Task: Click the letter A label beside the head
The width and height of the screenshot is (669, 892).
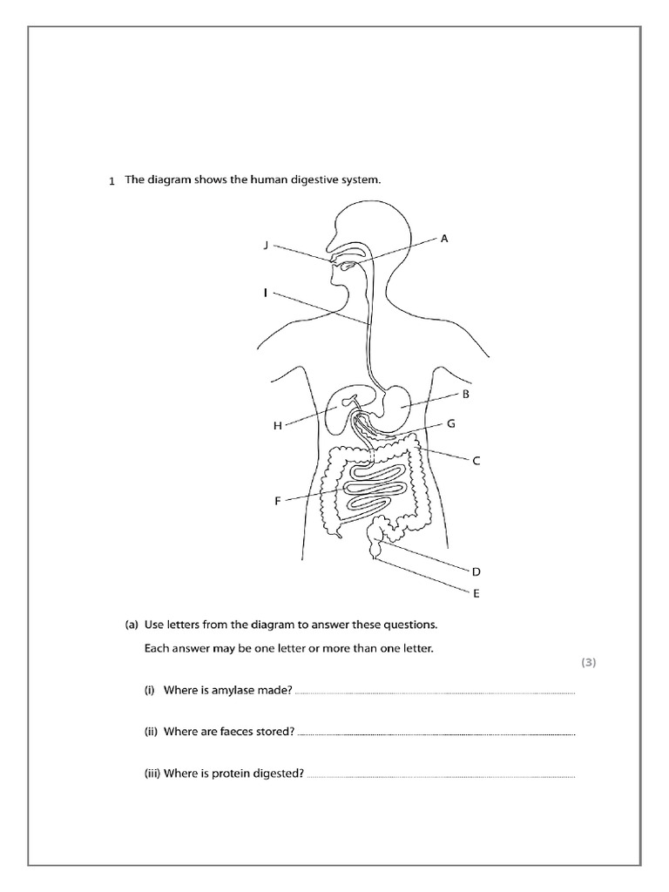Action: [444, 238]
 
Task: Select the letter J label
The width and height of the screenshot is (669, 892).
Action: [266, 247]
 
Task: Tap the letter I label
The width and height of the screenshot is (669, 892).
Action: [265, 294]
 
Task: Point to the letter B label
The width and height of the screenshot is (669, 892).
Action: [466, 394]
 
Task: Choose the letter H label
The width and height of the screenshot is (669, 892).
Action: [278, 426]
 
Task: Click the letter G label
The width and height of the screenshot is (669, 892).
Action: [451, 424]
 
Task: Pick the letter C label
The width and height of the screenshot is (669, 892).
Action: [476, 462]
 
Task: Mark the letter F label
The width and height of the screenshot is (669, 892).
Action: [278, 501]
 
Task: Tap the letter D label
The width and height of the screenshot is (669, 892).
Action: [476, 572]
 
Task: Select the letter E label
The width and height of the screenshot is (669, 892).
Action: [476, 596]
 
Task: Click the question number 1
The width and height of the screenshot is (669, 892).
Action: [111, 181]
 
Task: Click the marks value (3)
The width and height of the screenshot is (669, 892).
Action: [589, 662]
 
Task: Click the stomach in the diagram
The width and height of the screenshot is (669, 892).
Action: [402, 402]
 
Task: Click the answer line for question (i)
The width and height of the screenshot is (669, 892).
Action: [436, 693]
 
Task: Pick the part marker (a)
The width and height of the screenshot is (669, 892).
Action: [132, 625]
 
